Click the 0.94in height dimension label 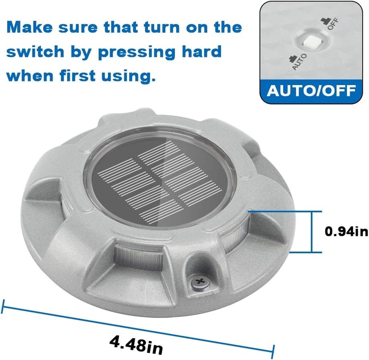[346, 231]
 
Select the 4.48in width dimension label [136, 345]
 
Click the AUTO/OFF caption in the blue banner [311, 91]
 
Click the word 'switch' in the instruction [36, 51]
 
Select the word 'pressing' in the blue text [137, 52]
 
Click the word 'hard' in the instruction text [202, 51]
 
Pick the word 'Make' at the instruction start [30, 27]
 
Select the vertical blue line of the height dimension [312, 232]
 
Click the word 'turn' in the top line [162, 27]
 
